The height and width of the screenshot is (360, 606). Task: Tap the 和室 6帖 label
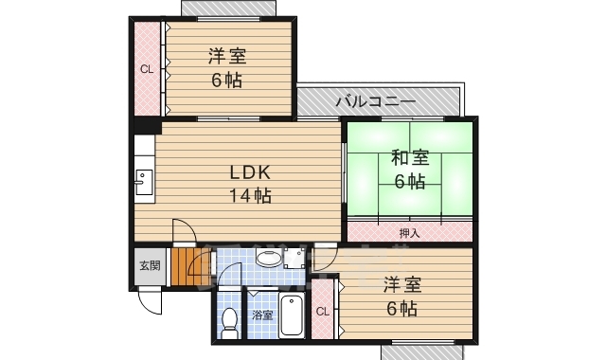pos(409,170)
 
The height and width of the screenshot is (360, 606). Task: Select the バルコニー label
pos(375,99)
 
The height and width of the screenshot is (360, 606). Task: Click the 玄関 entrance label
pos(150,265)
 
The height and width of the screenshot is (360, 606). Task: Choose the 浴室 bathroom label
pos(262,315)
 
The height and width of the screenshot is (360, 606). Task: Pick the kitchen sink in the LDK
pos(145,180)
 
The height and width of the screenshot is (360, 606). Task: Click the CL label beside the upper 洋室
pos(147,68)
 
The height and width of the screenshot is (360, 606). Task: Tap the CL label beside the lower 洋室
pos(322,311)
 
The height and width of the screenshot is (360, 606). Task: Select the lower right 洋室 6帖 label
pos(401,297)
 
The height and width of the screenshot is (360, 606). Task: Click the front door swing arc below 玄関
pos(151,300)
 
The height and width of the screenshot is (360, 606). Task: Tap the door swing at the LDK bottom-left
pos(185,232)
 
